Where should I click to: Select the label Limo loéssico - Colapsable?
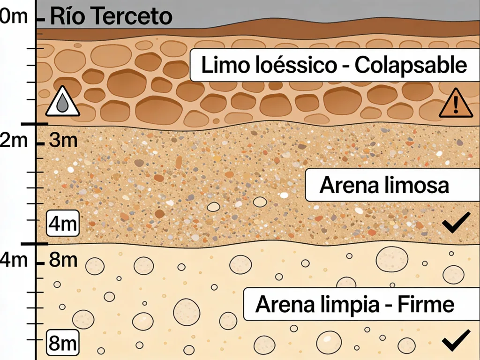(x=333, y=66)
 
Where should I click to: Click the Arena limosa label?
(x=384, y=185)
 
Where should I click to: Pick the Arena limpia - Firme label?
(x=355, y=305)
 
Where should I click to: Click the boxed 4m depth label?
(x=63, y=224)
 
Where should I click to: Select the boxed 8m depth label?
(x=63, y=343)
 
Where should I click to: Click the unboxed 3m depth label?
(x=63, y=140)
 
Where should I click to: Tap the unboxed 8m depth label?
(x=63, y=259)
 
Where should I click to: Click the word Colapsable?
(x=411, y=66)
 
